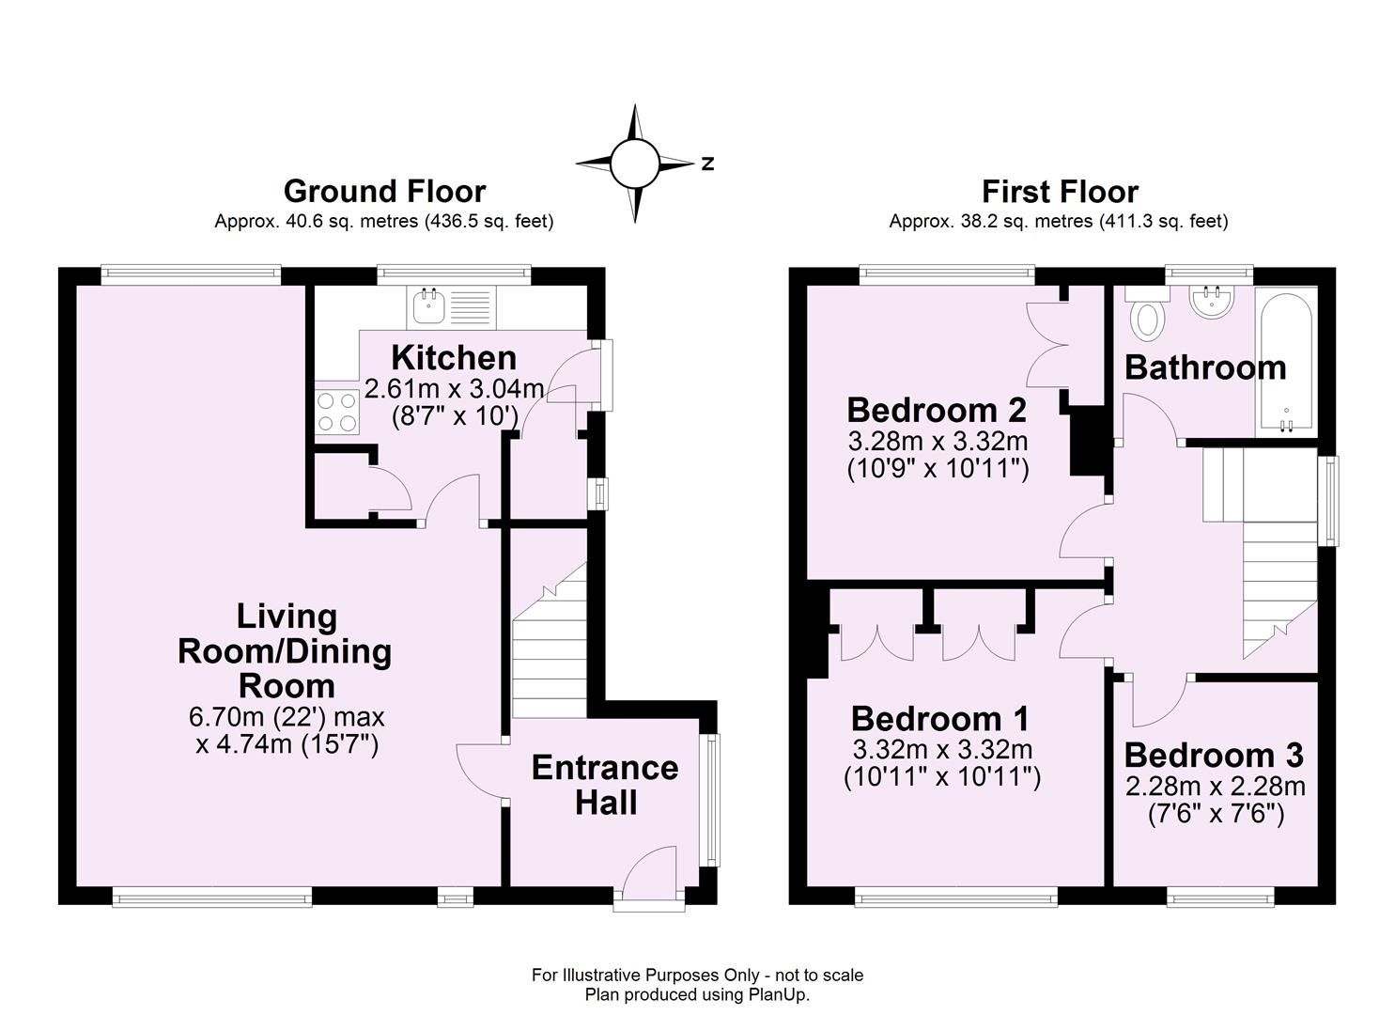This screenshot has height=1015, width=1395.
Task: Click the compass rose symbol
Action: point(635,164)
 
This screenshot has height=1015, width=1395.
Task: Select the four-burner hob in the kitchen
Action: point(337,412)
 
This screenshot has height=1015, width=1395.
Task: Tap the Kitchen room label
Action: point(454,358)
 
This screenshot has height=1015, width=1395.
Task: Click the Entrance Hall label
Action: point(605,785)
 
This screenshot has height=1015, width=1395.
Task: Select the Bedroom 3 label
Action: point(1214,755)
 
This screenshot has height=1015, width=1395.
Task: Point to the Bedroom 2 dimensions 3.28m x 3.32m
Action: point(938,441)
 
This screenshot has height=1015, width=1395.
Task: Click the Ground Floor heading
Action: point(384,191)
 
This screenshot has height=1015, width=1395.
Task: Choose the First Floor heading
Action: point(1060,191)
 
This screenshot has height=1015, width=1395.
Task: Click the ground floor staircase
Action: point(550,648)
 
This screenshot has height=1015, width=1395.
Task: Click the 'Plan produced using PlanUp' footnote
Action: point(697,994)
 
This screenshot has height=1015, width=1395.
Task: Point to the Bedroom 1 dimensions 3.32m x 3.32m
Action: point(942,750)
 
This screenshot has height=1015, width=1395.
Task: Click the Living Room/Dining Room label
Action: point(286,650)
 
